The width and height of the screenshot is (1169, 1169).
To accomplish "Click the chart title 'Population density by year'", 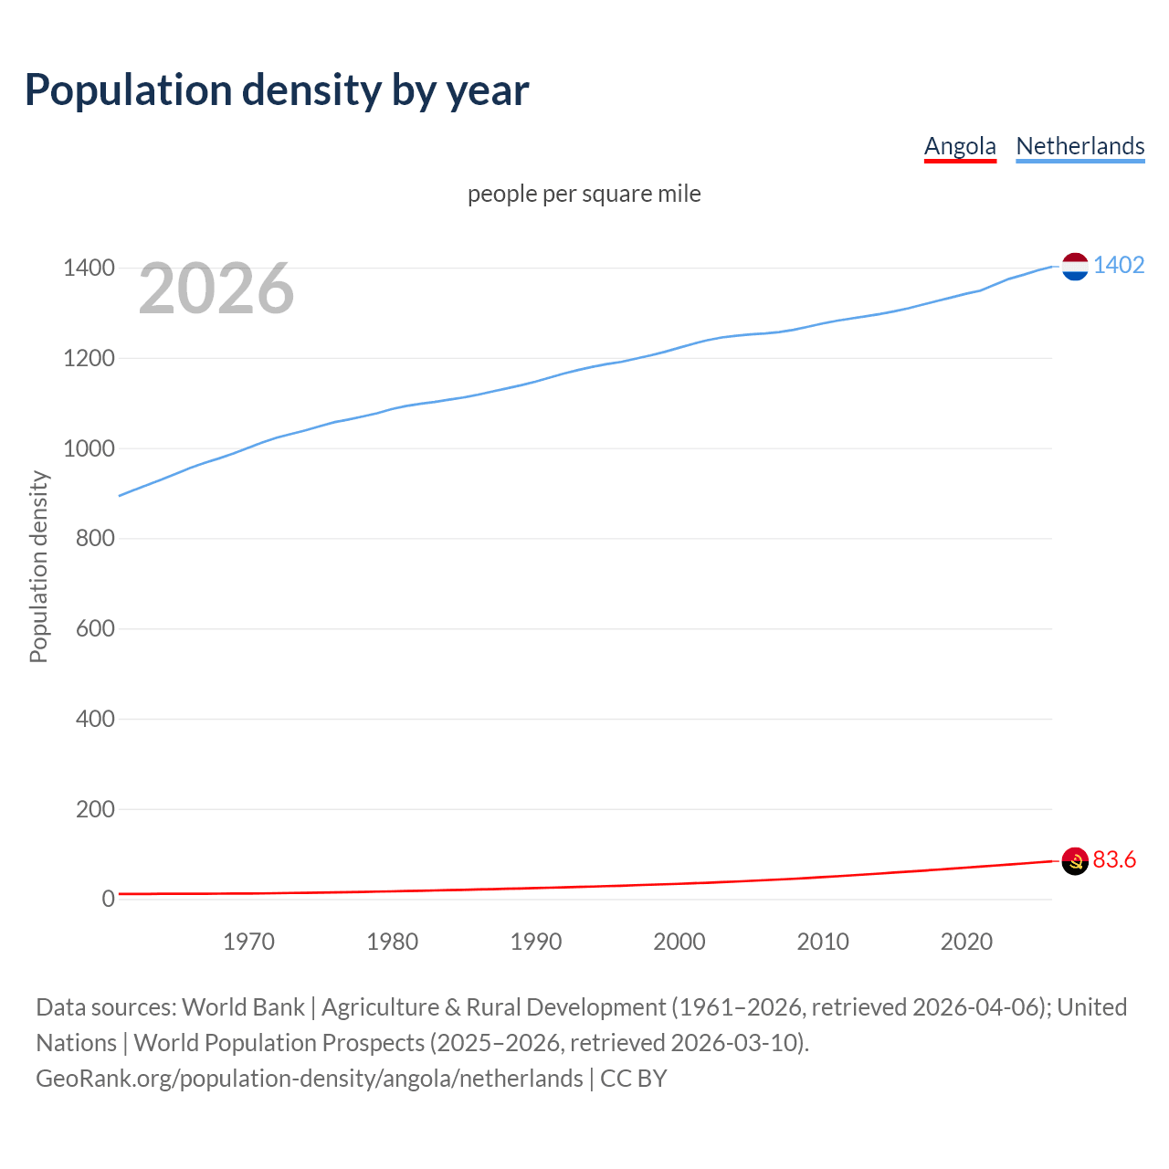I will pos(277,90).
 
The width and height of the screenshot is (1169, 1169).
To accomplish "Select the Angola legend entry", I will pos(960,146).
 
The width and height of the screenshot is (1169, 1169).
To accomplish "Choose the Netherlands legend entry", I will pos(1079,146).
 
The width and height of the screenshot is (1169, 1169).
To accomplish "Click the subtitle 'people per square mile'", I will pos(584,194).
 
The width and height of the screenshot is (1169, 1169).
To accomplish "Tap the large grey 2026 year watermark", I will pos(216,289).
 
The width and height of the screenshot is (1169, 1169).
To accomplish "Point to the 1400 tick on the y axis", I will pos(89,269).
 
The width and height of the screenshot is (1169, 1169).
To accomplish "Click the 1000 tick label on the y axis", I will pos(89,448).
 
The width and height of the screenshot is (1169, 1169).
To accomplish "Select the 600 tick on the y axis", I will pos(95,628).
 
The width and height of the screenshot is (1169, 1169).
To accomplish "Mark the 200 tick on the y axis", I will pos(95,809).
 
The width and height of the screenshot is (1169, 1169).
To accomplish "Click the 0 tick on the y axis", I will pos(109,899).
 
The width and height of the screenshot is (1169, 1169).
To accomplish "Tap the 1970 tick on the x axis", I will pos(248,942).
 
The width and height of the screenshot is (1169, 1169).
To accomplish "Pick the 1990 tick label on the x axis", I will pos(536,942).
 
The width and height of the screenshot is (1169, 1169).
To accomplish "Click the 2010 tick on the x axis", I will pos(823,942).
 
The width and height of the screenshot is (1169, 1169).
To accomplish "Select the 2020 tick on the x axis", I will pos(966,942).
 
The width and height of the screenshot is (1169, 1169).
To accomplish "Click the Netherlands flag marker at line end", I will pos(1075,267).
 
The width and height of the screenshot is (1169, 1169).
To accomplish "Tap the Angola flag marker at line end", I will pos(1075,860).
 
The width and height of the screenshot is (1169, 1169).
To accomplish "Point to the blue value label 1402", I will pos(1119,265).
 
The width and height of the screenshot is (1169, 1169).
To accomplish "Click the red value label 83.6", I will pos(1114,859).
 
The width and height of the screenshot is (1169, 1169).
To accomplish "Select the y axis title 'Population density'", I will pos(38,566).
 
